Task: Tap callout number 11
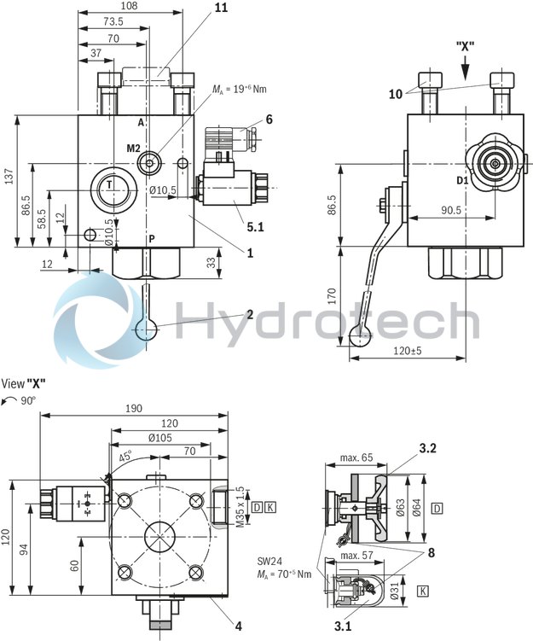197,8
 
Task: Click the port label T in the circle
109,184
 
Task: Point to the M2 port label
133,149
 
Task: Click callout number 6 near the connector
269,119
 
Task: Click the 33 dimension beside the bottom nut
210,264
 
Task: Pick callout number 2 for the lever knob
250,315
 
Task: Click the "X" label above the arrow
466,44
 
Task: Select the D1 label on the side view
461,181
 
